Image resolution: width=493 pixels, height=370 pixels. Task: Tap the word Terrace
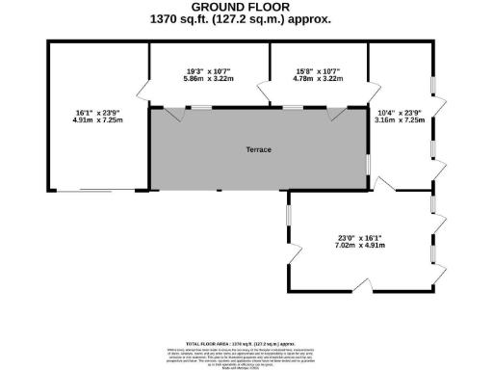pos(257,150)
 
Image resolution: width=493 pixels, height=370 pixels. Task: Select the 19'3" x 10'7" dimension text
pos(209,70)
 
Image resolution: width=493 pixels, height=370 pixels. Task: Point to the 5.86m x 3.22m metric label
pos(209,79)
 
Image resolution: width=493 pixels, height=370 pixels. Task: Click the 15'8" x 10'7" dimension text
pos(319,70)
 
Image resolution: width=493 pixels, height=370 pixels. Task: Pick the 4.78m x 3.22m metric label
pos(319,79)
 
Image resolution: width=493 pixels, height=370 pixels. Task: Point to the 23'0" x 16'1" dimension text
pos(361,237)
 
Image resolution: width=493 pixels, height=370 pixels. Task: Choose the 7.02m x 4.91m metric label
pos(361,246)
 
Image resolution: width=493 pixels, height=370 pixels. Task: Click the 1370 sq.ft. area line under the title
pos(246,19)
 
